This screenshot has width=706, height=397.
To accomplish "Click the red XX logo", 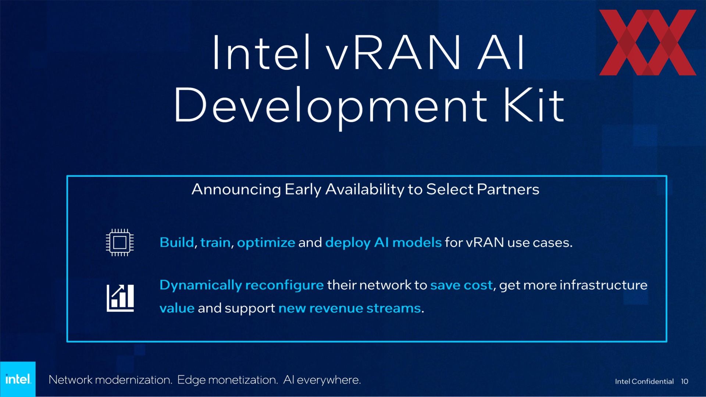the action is point(648,42).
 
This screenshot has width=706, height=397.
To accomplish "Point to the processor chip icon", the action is point(120,242).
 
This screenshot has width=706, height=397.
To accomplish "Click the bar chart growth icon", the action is point(120,298).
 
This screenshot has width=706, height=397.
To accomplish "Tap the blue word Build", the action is point(177,243).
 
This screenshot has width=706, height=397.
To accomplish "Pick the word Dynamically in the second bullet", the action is point(201,286).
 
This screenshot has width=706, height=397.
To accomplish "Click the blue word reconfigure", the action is point(284,286).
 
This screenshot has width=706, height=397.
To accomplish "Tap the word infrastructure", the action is point(603,285).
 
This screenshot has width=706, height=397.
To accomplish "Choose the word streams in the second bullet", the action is point(393,308).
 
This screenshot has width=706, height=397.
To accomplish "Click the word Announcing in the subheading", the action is point(236,190).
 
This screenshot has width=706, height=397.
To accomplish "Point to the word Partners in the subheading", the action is point(508,189).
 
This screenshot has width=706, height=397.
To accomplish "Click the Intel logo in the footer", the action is point(18,379).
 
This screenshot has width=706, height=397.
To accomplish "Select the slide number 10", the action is point(684,382).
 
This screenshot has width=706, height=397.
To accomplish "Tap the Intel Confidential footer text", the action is point(644,382).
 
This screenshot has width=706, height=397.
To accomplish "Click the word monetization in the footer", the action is point(243,380).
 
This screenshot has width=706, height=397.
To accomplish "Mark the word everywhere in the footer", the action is point(329,380).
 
